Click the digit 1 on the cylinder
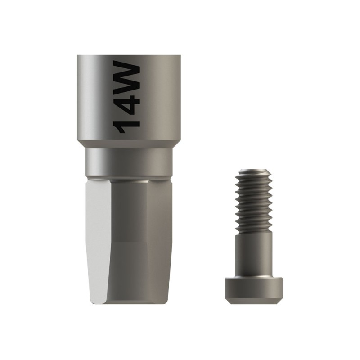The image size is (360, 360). click(126, 126)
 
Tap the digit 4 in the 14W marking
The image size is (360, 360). click(126, 103)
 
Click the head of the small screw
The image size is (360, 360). click(253, 290)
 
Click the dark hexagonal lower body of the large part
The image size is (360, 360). click(141, 241)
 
